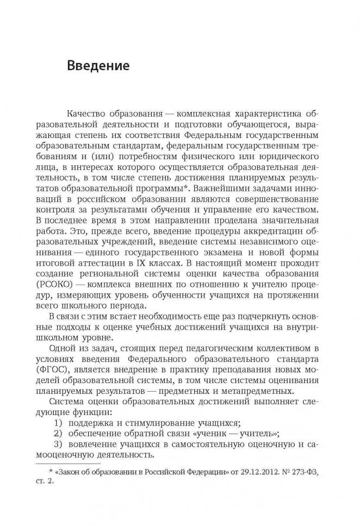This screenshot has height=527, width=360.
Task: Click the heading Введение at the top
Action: (x=98, y=67)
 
